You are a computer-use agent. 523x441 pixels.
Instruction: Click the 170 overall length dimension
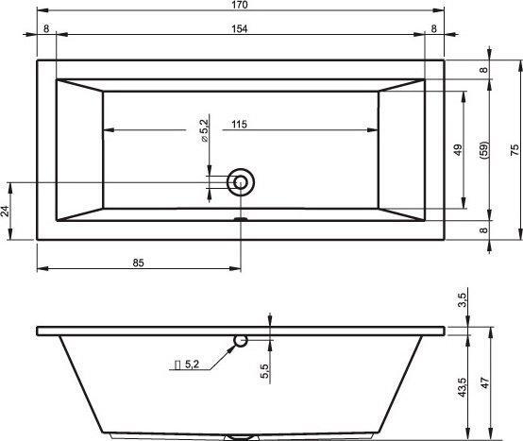tap(240, 5)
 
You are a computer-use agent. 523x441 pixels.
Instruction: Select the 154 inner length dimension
tap(240, 29)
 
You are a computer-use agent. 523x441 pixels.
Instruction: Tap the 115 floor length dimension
tap(239, 125)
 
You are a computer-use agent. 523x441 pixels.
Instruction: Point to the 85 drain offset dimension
tap(138, 263)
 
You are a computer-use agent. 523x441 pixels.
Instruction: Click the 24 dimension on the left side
tap(5, 212)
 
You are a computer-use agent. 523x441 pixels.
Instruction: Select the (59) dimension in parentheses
tap(484, 150)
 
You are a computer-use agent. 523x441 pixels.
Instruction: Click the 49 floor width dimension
tap(458, 150)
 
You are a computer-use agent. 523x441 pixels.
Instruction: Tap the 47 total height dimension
tap(485, 382)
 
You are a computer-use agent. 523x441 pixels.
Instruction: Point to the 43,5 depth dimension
tap(462, 387)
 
